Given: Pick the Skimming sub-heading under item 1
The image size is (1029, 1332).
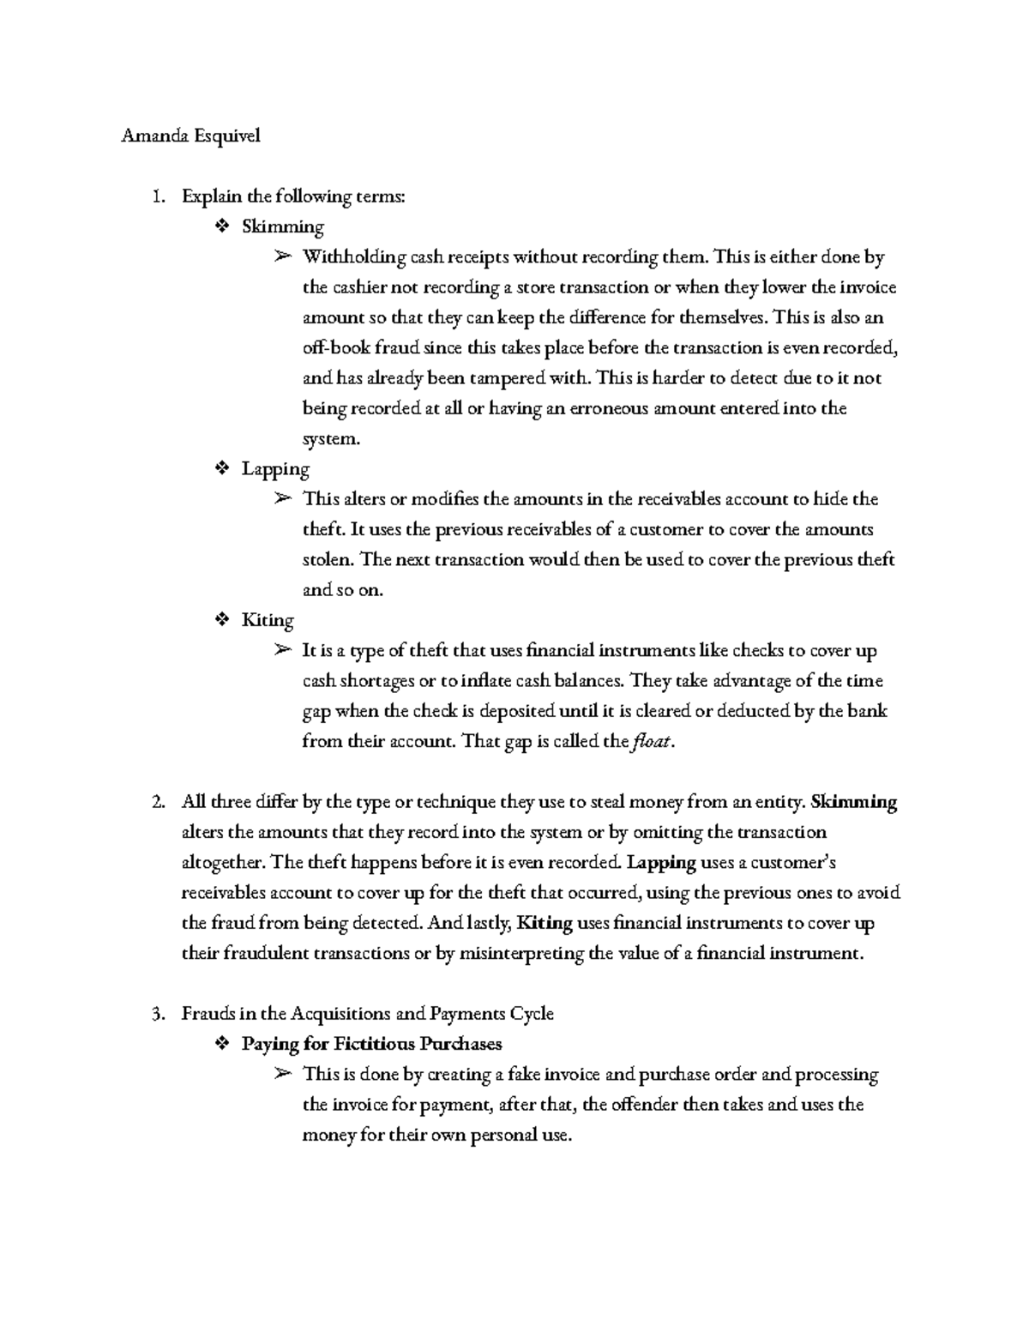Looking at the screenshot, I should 282,227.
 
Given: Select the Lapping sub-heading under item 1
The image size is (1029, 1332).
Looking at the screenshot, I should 275,469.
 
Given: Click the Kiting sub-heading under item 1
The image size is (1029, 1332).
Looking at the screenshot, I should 268,620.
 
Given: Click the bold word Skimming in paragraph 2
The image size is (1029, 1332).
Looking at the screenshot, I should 853,803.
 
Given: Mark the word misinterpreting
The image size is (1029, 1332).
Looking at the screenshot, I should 522,954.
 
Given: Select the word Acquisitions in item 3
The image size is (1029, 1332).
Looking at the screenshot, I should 340,1014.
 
